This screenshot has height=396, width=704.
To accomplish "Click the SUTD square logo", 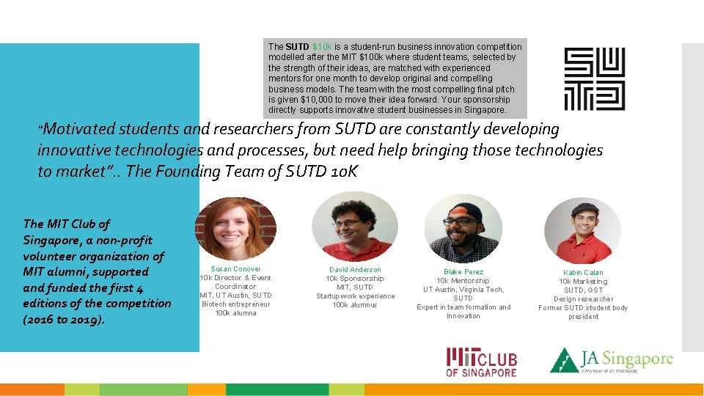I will click(594, 79).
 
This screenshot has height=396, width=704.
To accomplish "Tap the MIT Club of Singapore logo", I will click(482, 362).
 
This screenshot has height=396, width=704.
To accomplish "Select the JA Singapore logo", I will click(612, 361).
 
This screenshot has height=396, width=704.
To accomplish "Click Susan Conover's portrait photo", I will click(235, 227).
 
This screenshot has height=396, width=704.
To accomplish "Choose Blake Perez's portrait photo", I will click(463, 229).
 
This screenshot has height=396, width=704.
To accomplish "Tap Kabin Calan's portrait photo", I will click(583, 232).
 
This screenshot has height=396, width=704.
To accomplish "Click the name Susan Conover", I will click(235, 269).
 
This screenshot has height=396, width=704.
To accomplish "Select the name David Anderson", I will click(355, 270).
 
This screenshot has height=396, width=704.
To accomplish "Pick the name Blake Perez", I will click(463, 272).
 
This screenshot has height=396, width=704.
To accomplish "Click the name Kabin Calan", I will click(583, 273).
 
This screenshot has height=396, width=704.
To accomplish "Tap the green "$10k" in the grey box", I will click(322, 47).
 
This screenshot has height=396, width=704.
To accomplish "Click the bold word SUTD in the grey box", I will click(298, 47).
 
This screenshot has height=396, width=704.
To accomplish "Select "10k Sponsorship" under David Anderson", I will click(355, 279).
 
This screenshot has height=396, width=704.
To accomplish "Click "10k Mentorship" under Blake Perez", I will click(463, 281).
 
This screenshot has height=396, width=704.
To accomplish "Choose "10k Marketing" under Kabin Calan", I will click(583, 282).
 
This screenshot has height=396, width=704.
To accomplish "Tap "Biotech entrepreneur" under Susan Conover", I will click(235, 304).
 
